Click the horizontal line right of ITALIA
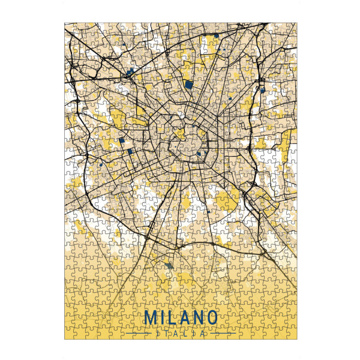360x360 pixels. tap(222, 332)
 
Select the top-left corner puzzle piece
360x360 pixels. tap(69, 28)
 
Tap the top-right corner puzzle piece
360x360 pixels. tap(292, 28)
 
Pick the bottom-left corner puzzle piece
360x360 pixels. tap(69, 334)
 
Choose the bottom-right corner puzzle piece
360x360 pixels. tap(292, 334)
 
